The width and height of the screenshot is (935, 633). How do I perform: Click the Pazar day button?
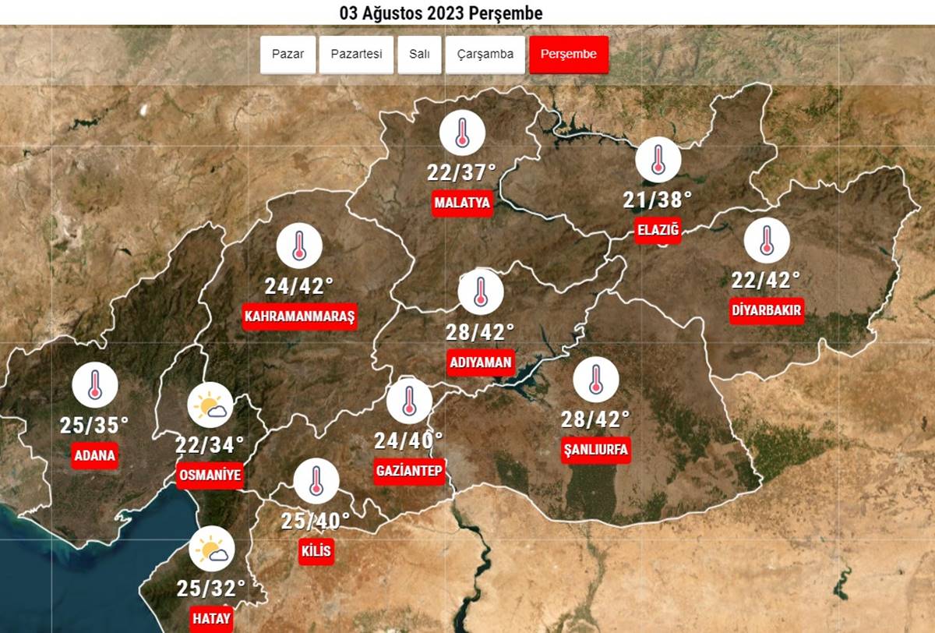click(287, 55)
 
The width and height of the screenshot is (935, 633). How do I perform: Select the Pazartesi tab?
click(356, 55)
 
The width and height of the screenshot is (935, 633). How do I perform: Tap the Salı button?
click(419, 55)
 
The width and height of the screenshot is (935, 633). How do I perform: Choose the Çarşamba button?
click(485, 55)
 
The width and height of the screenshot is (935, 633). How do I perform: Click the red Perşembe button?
click(568, 55)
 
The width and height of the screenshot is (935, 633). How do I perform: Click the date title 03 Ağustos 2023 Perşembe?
click(441, 13)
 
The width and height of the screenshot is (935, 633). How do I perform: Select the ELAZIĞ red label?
click(658, 230)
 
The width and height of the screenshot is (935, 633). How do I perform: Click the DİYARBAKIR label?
click(767, 311)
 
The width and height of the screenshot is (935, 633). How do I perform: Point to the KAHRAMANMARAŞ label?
click(299, 316)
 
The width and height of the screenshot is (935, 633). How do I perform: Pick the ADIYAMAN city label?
click(481, 362)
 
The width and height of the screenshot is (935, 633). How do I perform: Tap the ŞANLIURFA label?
click(595, 450)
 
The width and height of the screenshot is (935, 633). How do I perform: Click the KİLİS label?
click(316, 552)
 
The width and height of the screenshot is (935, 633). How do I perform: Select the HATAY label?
click(212, 619)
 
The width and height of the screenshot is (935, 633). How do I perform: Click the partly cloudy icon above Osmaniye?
click(210, 407)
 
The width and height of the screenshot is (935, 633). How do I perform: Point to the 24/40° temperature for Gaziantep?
click(408, 441)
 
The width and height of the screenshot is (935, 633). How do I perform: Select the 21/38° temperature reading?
click(658, 200)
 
